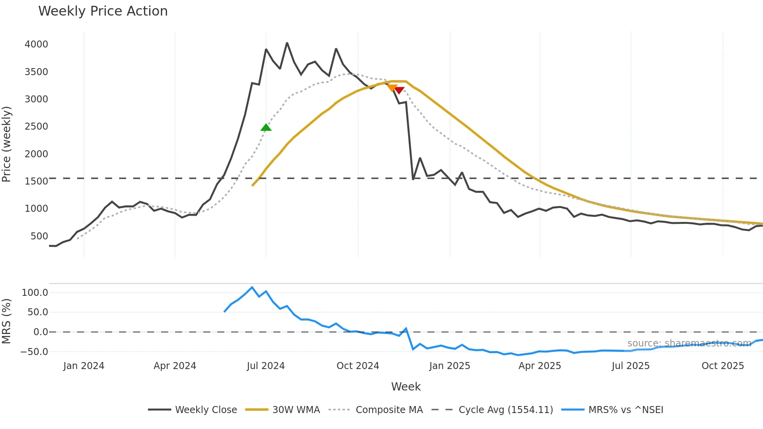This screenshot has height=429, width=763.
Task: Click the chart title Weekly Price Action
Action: (103, 11)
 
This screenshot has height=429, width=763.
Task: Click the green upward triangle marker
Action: (266, 128)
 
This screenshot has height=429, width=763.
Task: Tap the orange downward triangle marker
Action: (392, 88)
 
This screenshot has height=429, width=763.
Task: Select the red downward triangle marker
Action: (399, 90)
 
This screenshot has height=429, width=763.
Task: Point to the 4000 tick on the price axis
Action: (36, 44)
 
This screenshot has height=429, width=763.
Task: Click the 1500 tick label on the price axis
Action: (36, 181)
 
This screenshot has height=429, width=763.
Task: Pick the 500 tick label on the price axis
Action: (39, 236)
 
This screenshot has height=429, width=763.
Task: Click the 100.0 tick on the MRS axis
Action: (35, 293)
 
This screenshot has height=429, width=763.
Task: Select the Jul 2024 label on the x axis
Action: (266, 366)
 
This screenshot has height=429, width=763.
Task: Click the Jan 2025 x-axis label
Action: (450, 366)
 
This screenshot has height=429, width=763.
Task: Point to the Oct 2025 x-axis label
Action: (723, 366)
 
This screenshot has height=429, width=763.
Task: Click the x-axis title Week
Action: (406, 387)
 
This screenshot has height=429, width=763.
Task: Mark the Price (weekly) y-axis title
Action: (7, 144)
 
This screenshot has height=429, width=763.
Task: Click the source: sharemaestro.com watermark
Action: (689, 343)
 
